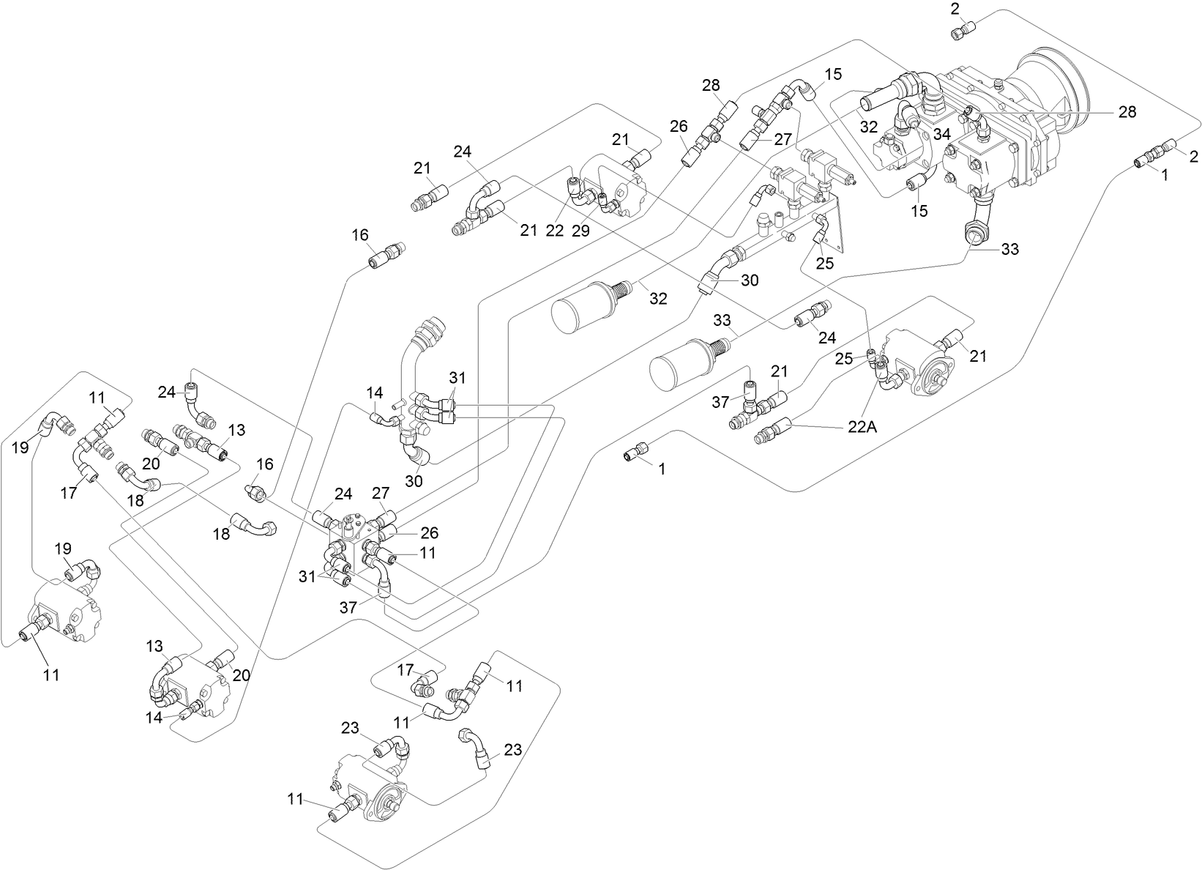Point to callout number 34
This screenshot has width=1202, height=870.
[x=942, y=134]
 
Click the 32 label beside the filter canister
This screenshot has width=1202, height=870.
[x=658, y=298]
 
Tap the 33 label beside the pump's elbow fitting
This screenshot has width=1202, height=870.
[x=1009, y=249]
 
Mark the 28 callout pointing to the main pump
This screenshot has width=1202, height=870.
[x=1127, y=111]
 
